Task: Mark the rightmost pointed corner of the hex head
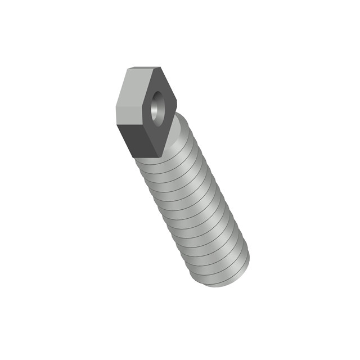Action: pyautogui.click(x=177, y=105)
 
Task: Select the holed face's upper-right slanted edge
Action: pyautogui.click(x=169, y=85)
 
